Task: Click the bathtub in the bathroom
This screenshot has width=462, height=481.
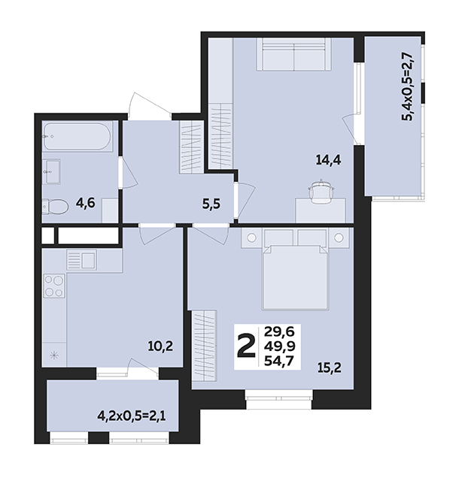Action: (x=77, y=137)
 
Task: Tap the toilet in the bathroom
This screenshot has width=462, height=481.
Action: (x=55, y=206)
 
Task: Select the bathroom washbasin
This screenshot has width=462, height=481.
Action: (x=51, y=171)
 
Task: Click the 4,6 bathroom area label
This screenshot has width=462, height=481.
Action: (x=86, y=203)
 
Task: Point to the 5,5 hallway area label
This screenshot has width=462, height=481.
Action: (x=211, y=204)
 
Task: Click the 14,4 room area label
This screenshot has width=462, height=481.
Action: (x=329, y=160)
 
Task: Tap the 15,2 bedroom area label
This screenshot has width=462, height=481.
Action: (x=330, y=367)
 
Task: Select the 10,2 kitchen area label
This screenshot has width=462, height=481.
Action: (x=161, y=346)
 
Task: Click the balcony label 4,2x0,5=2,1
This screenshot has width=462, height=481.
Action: (x=132, y=416)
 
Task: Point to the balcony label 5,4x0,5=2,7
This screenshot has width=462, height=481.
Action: (x=410, y=87)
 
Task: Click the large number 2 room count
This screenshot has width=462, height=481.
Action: (x=246, y=346)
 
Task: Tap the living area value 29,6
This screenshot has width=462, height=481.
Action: (x=280, y=331)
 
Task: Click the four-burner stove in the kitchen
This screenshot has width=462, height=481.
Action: (x=54, y=286)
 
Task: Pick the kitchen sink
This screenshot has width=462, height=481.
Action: (x=82, y=259)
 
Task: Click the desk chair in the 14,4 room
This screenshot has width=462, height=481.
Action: (x=321, y=191)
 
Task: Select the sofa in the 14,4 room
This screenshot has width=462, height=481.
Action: (x=294, y=55)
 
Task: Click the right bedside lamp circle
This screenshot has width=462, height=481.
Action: (x=339, y=237)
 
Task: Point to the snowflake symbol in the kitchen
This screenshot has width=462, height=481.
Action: (x=54, y=355)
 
